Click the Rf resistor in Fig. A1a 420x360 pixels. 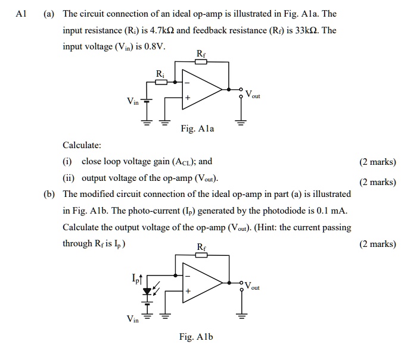tap(201, 61)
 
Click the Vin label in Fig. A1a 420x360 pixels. tap(132, 101)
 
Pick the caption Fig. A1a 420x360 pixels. tap(197, 129)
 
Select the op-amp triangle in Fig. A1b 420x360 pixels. tap(200, 284)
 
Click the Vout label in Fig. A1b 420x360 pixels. tap(252, 286)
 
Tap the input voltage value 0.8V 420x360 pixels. tap(154, 46)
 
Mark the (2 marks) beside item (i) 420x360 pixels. tap(378, 162)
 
